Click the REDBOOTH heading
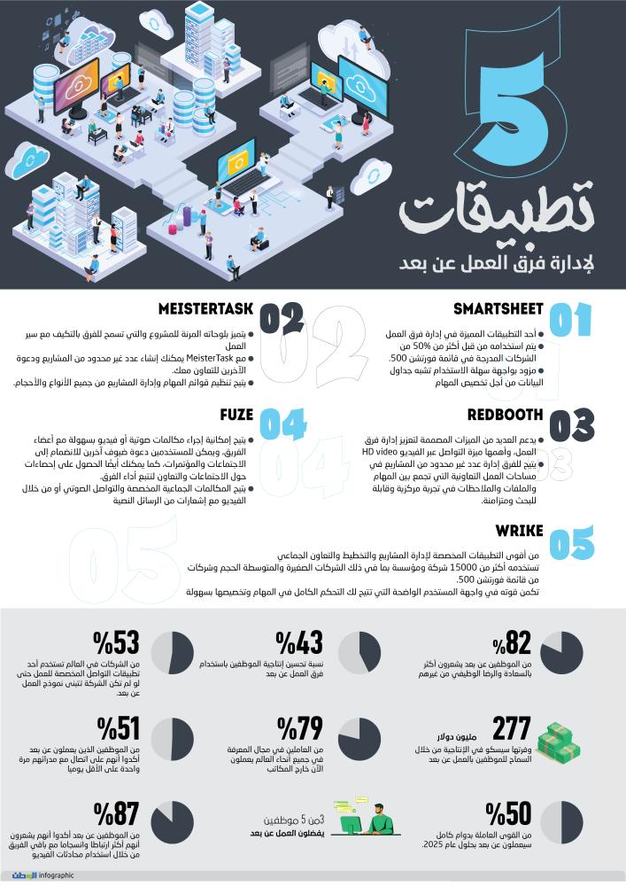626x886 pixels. point(501,415)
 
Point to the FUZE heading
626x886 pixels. point(236,415)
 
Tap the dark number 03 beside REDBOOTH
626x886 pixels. point(571,426)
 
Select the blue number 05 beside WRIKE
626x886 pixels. point(571,543)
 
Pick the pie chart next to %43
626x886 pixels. point(358,653)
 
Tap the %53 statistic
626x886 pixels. point(115,644)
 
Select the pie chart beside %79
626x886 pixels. point(359,738)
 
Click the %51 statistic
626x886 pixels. point(118,728)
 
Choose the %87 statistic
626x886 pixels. point(116,813)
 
